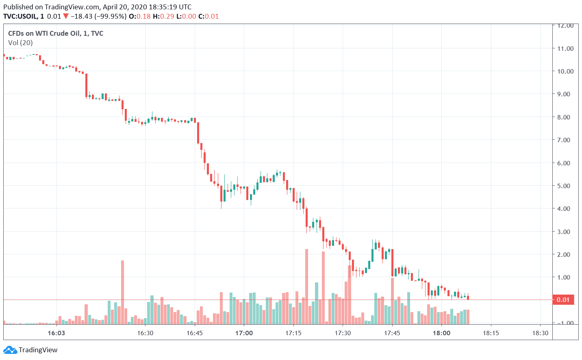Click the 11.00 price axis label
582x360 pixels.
click(565, 48)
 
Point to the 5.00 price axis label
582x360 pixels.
click(565, 186)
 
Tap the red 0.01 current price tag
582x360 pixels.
click(563, 300)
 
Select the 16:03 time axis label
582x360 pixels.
click(56, 333)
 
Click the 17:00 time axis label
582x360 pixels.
click(244, 333)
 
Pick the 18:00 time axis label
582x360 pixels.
click(441, 333)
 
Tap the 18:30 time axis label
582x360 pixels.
click(540, 333)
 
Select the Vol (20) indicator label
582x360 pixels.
click(20, 43)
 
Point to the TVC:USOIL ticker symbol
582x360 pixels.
click(20, 17)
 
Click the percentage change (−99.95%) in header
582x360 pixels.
click(110, 17)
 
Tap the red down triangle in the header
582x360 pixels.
click(66, 17)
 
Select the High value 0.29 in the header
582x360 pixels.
click(167, 17)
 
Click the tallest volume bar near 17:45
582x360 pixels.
click(392, 301)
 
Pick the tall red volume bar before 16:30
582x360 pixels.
click(122, 293)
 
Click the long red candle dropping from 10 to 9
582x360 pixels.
click(86, 85)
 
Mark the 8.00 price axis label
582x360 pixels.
click(565, 117)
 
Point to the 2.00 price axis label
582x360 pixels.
click(565, 254)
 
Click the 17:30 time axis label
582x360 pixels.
click(343, 333)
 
